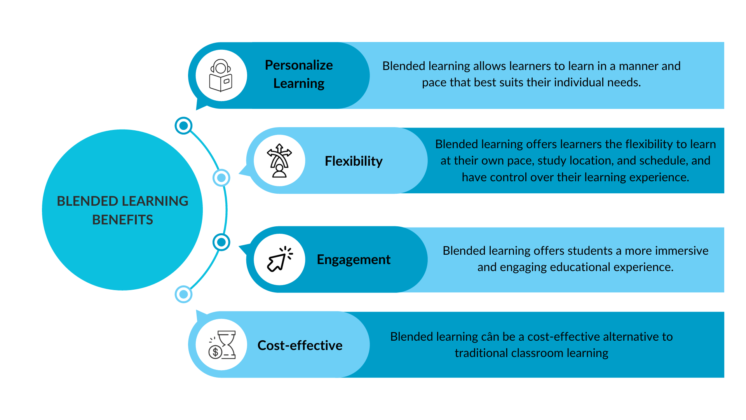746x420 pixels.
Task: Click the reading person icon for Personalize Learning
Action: tap(221, 75)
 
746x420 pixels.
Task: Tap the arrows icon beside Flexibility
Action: tap(279, 161)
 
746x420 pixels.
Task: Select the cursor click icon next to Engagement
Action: tap(280, 259)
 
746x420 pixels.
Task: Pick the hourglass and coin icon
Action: tap(222, 345)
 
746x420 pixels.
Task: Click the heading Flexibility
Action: tap(354, 161)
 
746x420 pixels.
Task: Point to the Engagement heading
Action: tap(354, 259)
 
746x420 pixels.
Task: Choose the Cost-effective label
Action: tap(300, 345)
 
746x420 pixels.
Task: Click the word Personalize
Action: tap(299, 65)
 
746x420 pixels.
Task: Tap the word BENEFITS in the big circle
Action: tap(122, 220)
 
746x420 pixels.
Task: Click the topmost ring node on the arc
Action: tap(183, 126)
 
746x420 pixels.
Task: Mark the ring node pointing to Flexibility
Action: tap(221, 178)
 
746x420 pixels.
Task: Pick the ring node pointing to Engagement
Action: tap(221, 242)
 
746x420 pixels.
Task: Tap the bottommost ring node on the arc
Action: tap(183, 294)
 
